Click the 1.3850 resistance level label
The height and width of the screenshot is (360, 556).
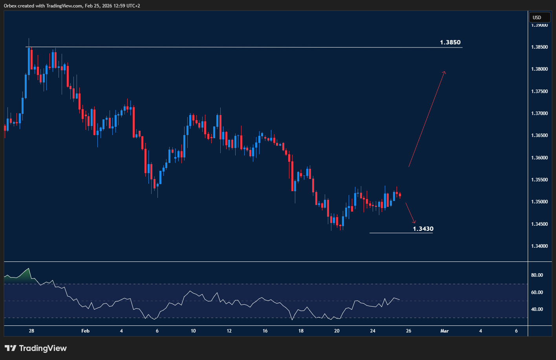point(450,42)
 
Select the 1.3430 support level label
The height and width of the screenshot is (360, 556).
point(423,228)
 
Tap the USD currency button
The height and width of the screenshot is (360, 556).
point(537,17)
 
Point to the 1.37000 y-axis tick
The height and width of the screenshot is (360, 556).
point(540,113)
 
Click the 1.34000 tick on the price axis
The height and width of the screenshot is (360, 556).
point(540,246)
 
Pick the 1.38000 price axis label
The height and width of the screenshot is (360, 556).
point(540,69)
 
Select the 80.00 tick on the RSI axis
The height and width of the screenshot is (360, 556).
point(537,275)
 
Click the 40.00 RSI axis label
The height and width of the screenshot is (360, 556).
point(537,309)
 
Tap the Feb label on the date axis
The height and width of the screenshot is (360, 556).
point(85,331)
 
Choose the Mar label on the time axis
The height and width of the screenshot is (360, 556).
point(444,331)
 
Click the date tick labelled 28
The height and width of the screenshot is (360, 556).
point(31,331)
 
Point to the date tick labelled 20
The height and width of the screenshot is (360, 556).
point(337,331)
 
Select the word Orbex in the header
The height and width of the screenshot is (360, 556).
point(10,6)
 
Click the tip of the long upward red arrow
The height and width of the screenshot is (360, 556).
point(444,71)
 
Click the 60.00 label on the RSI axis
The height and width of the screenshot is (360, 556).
point(537,292)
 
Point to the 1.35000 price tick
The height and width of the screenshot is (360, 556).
point(540,202)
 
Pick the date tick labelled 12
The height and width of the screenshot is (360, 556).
point(229,331)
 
